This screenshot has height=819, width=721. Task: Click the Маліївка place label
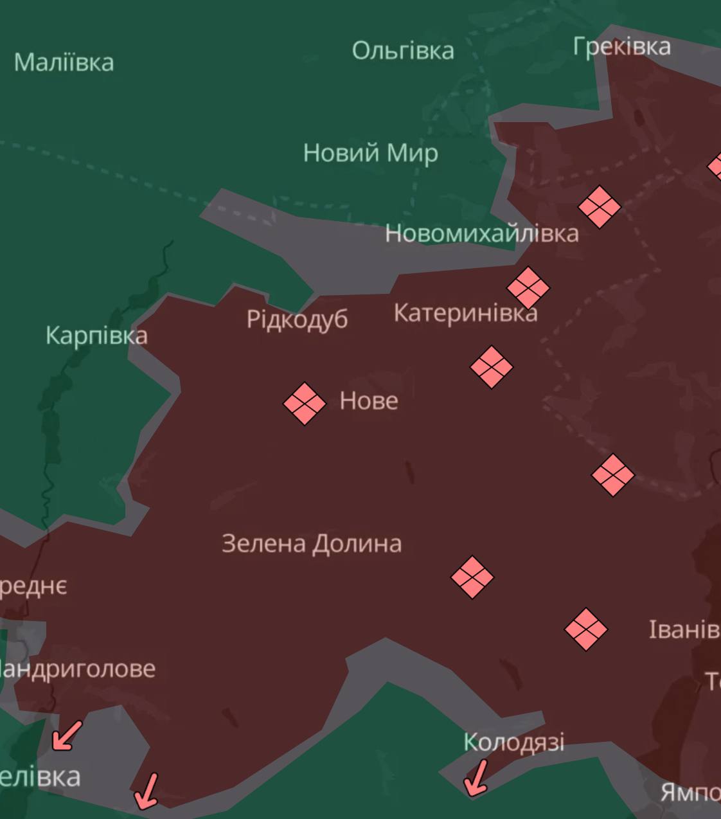click(64, 62)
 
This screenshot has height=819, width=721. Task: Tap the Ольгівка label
click(403, 50)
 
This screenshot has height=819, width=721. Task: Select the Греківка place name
click(621, 46)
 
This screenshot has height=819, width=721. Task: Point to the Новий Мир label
click(370, 153)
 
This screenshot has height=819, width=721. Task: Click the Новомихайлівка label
click(481, 233)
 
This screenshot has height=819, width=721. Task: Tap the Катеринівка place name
click(465, 313)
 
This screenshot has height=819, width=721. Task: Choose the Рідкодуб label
click(297, 319)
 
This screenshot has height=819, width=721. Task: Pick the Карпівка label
click(96, 335)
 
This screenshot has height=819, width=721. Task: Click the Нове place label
click(369, 401)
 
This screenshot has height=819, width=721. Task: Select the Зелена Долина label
click(312, 544)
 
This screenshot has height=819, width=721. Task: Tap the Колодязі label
click(513, 742)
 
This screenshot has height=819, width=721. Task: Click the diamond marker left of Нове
click(305, 404)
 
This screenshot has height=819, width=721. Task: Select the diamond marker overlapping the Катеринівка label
click(528, 287)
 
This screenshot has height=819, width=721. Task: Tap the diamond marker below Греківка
click(600, 207)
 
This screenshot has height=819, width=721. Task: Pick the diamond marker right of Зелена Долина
click(472, 577)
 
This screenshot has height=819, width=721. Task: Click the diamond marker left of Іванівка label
click(586, 629)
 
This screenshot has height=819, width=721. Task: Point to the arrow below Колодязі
click(476, 778)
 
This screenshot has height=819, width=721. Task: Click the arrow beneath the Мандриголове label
click(67, 735)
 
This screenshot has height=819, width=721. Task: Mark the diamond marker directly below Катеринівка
click(492, 367)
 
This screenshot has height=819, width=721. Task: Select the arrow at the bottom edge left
click(147, 791)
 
